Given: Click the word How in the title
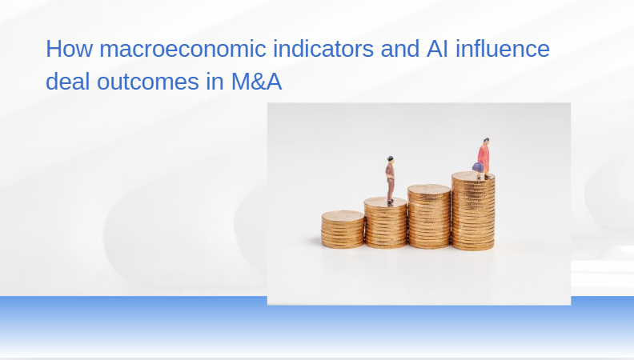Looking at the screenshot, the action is (x=69, y=49).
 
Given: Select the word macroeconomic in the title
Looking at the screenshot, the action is (x=183, y=49).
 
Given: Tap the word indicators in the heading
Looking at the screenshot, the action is (x=323, y=49).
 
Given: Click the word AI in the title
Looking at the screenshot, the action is (x=437, y=49).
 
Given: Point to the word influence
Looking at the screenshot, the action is (x=503, y=49).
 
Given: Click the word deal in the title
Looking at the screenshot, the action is (x=67, y=82).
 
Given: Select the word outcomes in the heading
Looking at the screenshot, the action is (x=148, y=82).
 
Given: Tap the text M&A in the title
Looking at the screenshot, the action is (x=256, y=82).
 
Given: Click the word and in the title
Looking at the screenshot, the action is (x=400, y=49).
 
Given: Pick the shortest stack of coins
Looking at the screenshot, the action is (x=343, y=229).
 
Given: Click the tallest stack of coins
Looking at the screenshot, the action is (x=473, y=211).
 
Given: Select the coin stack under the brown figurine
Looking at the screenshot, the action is (x=385, y=222).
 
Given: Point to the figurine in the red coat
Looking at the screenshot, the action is (x=484, y=158).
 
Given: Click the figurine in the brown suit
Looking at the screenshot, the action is (x=390, y=180).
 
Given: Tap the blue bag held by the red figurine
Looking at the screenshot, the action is (x=477, y=167).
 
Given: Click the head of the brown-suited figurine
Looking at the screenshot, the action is (x=390, y=159).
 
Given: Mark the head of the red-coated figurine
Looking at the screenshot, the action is (x=486, y=141).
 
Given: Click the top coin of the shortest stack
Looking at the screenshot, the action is (x=343, y=215).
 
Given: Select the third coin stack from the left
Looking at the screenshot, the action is (x=429, y=216).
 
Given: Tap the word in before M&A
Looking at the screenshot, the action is (x=215, y=82).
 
